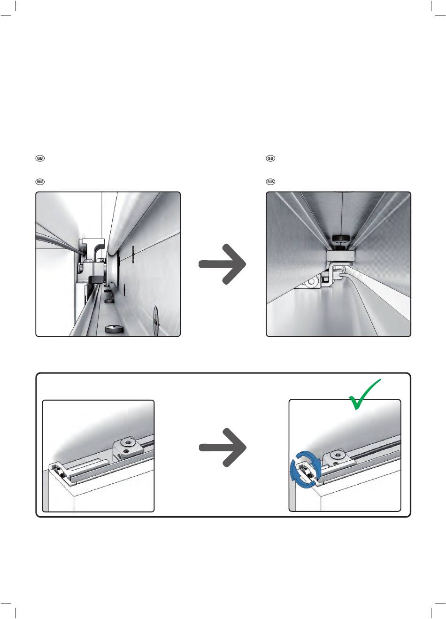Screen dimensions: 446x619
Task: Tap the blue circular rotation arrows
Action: pyautogui.click(x=306, y=470)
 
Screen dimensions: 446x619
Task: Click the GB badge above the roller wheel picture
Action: pyautogui.click(x=40, y=158)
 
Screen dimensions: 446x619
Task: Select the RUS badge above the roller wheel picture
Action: pyautogui.click(x=40, y=182)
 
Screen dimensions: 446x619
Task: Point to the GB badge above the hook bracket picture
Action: pyautogui.click(x=270, y=158)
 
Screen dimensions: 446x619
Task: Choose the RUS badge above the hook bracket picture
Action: pyautogui.click(x=270, y=182)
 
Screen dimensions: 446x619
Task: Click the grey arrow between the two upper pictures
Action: pyautogui.click(x=223, y=264)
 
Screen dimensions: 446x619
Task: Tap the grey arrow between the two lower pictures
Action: pyautogui.click(x=223, y=448)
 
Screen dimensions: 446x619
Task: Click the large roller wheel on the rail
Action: pyautogui.click(x=113, y=268)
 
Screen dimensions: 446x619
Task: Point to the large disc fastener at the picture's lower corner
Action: pyautogui.click(x=156, y=321)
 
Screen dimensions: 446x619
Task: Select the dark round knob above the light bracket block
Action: pyautogui.click(x=341, y=238)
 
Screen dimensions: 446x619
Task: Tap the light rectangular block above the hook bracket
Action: pyautogui.click(x=341, y=256)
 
